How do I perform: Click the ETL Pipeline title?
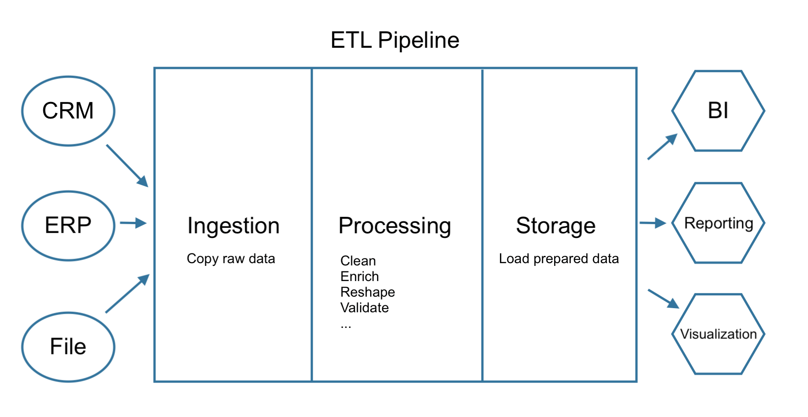click(395, 40)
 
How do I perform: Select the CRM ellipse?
click(68, 111)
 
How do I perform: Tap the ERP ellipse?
click(68, 225)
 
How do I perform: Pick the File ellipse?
click(68, 347)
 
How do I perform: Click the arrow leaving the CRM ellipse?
click(127, 166)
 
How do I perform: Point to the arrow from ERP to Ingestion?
click(133, 223)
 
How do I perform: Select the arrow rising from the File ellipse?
click(127, 293)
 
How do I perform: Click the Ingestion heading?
click(233, 226)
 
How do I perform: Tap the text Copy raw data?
click(230, 259)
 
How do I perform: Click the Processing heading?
click(395, 226)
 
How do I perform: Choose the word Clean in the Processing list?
click(358, 261)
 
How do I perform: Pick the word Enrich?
click(359, 276)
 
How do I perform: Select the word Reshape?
click(367, 292)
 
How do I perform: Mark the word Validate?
click(364, 308)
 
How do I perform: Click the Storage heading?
click(556, 226)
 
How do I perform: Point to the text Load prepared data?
click(558, 259)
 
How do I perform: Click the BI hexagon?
click(718, 111)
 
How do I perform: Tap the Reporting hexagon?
click(718, 223)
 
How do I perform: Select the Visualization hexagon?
click(718, 334)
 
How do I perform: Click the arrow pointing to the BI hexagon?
click(662, 147)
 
